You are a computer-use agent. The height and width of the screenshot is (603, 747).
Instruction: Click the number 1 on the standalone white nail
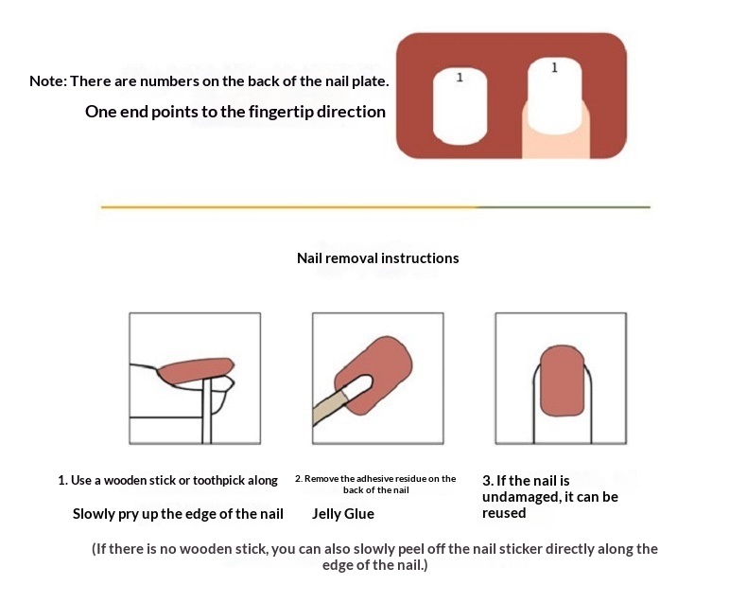460,78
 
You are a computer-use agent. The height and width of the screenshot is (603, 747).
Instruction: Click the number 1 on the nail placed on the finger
554,68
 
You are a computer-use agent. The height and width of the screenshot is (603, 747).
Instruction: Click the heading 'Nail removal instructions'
378,258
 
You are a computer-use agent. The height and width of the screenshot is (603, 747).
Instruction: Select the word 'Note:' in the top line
48,81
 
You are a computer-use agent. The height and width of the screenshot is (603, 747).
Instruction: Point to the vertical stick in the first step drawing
207,411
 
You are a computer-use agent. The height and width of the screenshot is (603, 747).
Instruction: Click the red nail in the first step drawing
196,371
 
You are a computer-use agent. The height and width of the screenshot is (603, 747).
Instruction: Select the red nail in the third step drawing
563,381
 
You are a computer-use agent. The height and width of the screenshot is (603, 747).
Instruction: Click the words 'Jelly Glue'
343,514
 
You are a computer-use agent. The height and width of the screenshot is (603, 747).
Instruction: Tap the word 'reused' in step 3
504,513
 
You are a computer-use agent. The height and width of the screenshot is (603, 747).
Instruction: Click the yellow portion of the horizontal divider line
288,207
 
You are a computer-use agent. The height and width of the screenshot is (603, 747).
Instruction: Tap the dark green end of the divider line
564,207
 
